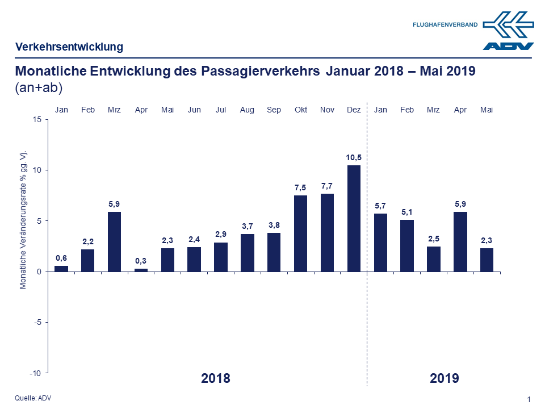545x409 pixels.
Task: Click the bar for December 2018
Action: (354, 218)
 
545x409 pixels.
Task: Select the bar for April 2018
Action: (141, 270)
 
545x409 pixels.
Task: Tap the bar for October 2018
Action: (300, 233)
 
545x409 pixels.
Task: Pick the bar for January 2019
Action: (380, 243)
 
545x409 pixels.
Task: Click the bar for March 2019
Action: (434, 259)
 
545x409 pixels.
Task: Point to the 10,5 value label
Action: (354, 157)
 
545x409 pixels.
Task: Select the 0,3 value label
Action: (141, 260)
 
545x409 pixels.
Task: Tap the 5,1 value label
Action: (407, 211)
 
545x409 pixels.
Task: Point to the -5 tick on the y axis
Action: (37, 322)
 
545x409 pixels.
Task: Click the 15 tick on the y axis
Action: (38, 119)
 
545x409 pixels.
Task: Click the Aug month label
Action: (247, 110)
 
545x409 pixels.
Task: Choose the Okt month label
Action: (300, 110)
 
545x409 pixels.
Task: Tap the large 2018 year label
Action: (216, 378)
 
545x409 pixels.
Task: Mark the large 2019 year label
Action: (445, 378)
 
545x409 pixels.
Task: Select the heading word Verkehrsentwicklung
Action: (69, 47)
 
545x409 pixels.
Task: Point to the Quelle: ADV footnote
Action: (33, 398)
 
